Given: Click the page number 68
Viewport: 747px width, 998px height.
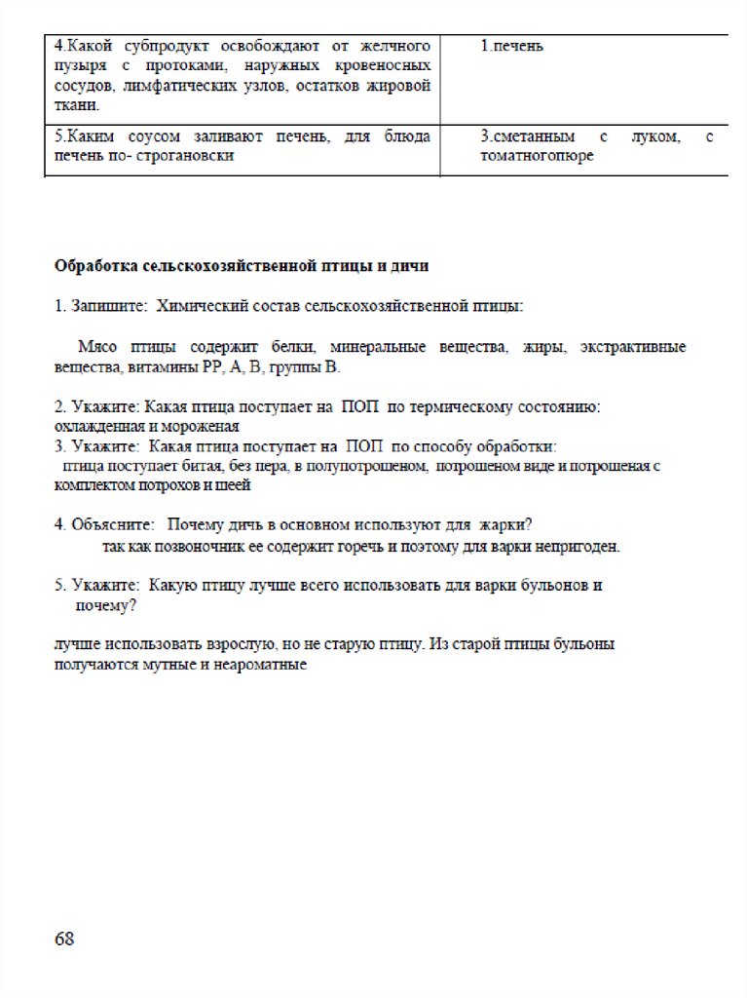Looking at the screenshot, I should (x=64, y=939).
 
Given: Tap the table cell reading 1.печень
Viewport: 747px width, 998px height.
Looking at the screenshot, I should (x=511, y=47).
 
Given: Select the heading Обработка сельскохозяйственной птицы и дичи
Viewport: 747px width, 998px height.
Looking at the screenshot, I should (x=242, y=265).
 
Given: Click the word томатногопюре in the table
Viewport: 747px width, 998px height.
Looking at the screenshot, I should (x=537, y=156).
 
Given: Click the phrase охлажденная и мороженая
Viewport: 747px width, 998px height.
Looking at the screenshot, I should (x=146, y=426).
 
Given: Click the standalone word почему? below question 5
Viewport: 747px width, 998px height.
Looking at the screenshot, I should (x=105, y=605).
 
